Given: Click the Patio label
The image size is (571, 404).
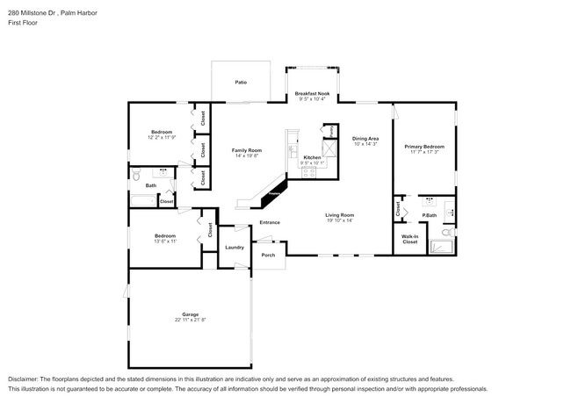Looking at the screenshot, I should (x=240, y=83).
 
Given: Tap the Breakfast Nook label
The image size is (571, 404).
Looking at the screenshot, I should (x=311, y=93).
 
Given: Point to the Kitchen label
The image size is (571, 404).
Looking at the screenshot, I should (x=312, y=157).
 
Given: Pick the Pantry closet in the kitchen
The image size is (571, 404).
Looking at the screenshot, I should (x=329, y=132).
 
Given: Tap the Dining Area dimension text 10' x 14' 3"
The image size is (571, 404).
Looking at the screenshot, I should (x=365, y=144).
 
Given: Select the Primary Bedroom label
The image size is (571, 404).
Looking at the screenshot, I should (x=423, y=147).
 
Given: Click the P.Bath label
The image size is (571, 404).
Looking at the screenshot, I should (x=430, y=215).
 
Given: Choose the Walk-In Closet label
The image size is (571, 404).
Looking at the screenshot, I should (x=409, y=240).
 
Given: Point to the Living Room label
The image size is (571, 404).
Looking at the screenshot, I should (x=339, y=215).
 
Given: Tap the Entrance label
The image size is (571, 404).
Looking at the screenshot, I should (x=270, y=222).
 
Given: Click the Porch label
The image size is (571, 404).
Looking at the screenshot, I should (x=268, y=256).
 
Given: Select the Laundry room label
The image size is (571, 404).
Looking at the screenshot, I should (x=234, y=248).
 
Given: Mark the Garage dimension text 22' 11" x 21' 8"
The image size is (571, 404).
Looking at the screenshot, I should (x=190, y=321).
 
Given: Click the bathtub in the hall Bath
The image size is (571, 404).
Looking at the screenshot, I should (x=142, y=201).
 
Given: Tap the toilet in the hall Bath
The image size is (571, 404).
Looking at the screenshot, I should (x=136, y=177).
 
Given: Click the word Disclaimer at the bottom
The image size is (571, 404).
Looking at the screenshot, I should (x=25, y=379).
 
